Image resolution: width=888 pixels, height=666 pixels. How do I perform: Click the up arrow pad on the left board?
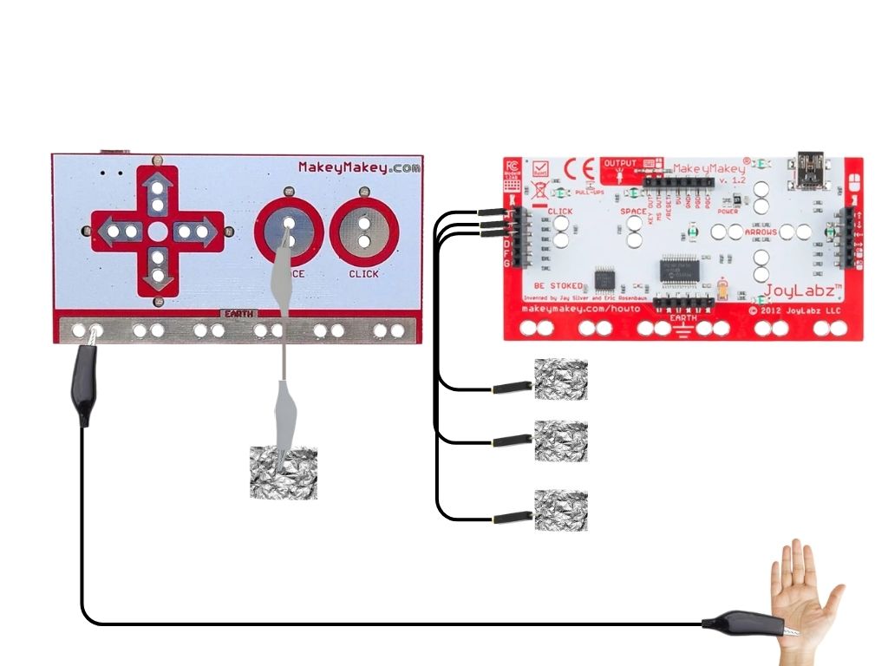[x=158, y=192]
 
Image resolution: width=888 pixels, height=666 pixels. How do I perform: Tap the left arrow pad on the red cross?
[x=118, y=232]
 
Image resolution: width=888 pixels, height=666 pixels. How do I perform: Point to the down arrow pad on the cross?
[x=158, y=270]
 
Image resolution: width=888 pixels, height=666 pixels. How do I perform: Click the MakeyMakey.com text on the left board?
[x=360, y=167]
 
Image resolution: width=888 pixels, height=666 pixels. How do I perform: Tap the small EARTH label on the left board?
[x=236, y=313]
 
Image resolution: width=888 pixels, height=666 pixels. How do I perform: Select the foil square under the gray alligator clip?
[x=284, y=473]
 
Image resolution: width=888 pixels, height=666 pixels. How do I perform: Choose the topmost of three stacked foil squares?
[x=561, y=380]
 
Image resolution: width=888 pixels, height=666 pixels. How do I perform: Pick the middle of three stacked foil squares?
[x=561, y=441]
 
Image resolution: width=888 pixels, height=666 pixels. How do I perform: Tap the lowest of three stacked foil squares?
[x=561, y=510]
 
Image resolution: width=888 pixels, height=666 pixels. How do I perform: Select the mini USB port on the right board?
[x=813, y=169]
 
